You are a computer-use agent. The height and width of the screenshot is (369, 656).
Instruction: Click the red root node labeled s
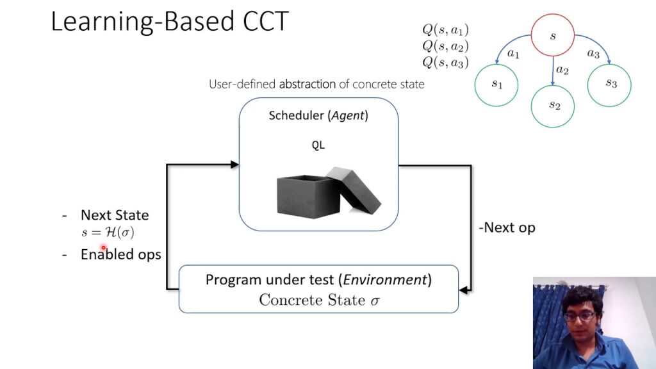553,35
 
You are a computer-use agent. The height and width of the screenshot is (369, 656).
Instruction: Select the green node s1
497,83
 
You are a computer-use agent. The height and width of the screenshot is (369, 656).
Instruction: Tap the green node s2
553,105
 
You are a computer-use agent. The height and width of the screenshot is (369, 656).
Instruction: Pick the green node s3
610,83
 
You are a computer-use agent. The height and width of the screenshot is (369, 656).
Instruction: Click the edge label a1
513,54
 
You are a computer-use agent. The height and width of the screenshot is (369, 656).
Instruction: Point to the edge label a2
562,70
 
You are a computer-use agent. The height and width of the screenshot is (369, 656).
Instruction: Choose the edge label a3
593,54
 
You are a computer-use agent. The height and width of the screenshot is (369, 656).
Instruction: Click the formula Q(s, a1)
445,29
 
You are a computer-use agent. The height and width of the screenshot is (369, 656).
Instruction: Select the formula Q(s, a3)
445,62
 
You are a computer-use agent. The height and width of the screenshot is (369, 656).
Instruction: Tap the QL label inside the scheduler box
318,145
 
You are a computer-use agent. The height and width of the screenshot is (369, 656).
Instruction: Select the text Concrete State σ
319,300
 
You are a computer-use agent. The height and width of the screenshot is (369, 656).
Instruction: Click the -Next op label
507,227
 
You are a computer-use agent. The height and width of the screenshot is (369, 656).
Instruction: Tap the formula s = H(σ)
108,233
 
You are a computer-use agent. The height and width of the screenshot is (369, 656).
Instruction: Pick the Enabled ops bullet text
120,254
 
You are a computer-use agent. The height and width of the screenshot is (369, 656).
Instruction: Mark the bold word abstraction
307,84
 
